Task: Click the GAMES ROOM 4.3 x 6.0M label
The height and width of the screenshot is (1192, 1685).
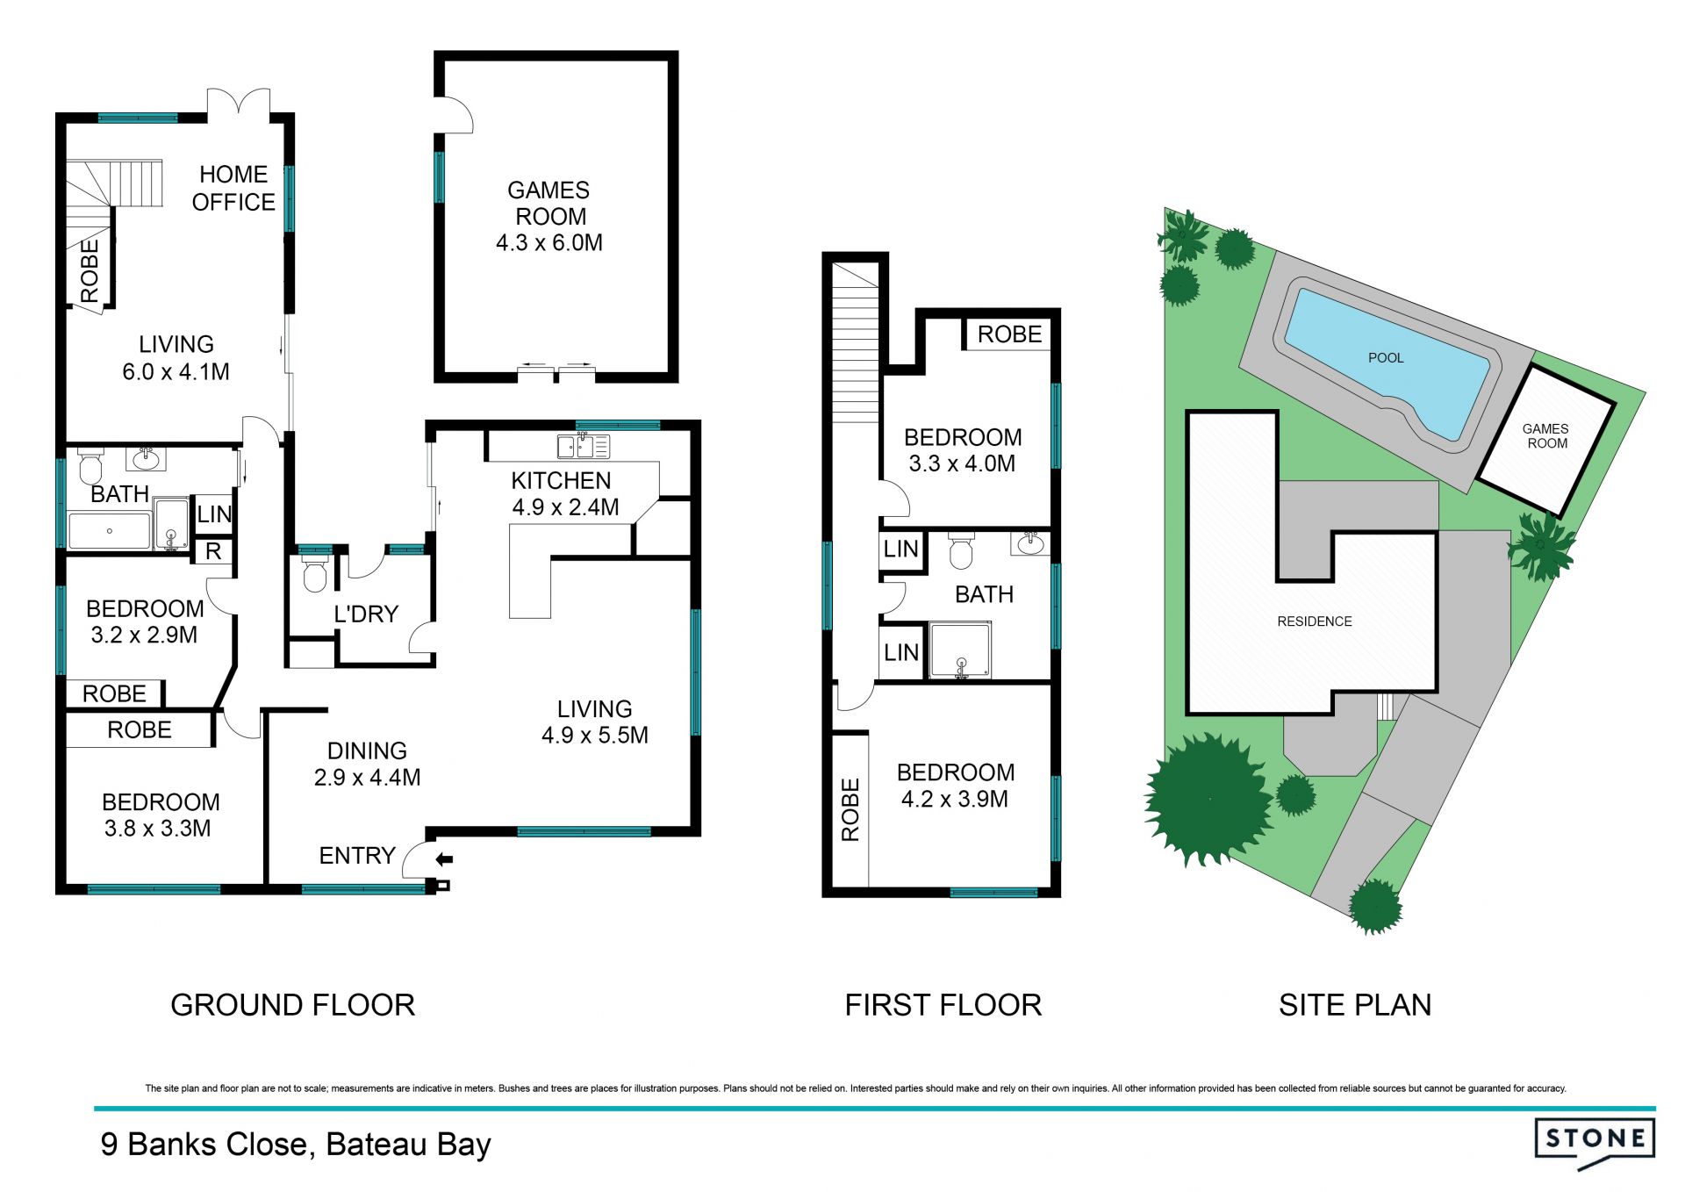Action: [x=549, y=216]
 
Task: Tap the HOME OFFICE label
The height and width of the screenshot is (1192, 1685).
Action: [x=233, y=188]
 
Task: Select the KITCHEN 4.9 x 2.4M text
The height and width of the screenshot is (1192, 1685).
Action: [x=564, y=493]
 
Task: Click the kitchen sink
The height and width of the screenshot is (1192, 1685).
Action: [x=584, y=446]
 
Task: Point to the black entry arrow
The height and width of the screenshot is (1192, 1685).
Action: [x=444, y=859]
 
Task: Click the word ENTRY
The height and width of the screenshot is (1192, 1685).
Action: [x=357, y=855]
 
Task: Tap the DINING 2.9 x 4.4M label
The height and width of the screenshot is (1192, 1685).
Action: [x=367, y=764]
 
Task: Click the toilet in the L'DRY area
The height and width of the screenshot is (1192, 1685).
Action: [x=314, y=574]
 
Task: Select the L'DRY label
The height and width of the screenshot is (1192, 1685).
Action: [x=366, y=614]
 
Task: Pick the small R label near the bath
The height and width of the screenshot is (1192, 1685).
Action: [x=213, y=552]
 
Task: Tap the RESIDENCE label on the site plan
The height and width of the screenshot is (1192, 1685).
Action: [x=1315, y=621]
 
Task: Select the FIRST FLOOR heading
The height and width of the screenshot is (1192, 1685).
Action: [x=943, y=1005]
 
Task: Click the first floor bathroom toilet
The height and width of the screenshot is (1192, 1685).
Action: [x=962, y=550]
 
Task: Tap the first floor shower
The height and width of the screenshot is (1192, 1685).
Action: [x=960, y=650]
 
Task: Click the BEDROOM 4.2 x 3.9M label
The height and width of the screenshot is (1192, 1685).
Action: [x=955, y=786]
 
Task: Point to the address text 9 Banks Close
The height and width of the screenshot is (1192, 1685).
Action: [x=204, y=1145]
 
